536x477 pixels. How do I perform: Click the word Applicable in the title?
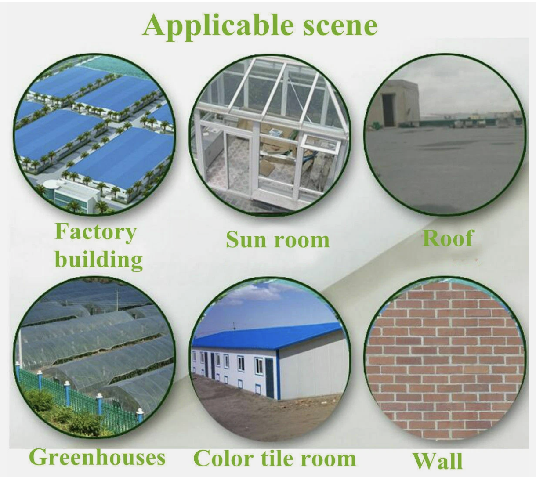pyautogui.click(x=218, y=26)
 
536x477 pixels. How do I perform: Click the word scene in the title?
pyautogui.click(x=340, y=26)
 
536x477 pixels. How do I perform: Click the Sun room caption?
pyautogui.click(x=278, y=239)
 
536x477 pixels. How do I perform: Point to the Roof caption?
pyautogui.click(x=448, y=238)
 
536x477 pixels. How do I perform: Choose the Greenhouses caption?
pyautogui.click(x=97, y=457)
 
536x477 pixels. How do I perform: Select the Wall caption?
pyautogui.click(x=438, y=461)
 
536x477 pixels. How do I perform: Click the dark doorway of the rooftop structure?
pyautogui.click(x=388, y=110)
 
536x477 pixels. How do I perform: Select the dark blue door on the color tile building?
pyautogui.click(x=269, y=378)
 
